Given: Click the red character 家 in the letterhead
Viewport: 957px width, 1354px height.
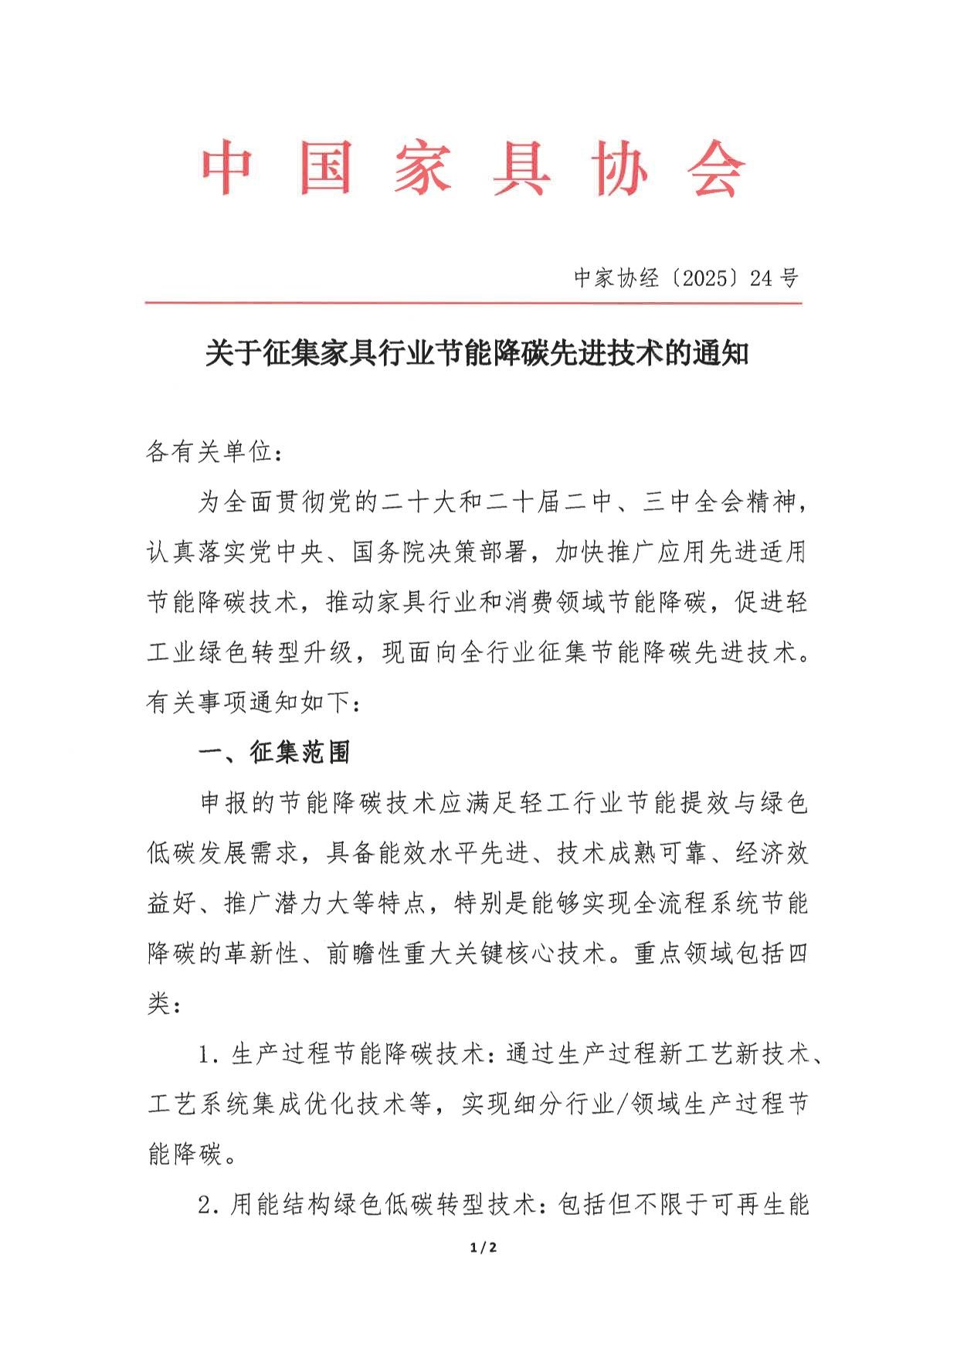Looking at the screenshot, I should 423,168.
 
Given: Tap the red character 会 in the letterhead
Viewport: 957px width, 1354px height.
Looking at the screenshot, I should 718,168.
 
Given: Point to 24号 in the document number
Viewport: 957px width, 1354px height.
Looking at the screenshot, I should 773,279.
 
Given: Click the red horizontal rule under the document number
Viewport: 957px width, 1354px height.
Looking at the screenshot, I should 473,304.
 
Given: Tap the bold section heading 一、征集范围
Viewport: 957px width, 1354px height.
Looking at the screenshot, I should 274,753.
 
